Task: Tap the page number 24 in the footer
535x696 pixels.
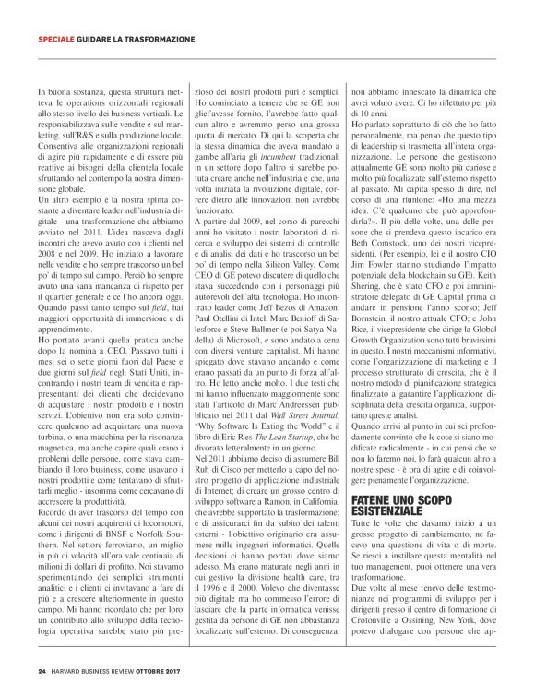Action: pyautogui.click(x=42, y=670)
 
